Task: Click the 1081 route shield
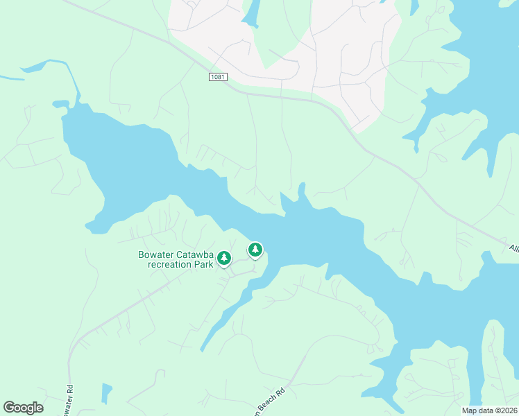coord(218,77)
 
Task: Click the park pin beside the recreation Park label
coord(224,258)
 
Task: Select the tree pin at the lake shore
coord(255,249)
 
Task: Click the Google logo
coord(23,407)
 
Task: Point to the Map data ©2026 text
coord(490,410)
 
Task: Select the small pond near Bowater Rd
coord(106,393)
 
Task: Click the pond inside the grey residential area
coord(250,14)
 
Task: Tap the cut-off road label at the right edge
coord(513,248)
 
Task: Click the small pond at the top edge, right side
coord(414,6)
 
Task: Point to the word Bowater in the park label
coord(157,254)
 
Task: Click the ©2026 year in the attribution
coord(505,410)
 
